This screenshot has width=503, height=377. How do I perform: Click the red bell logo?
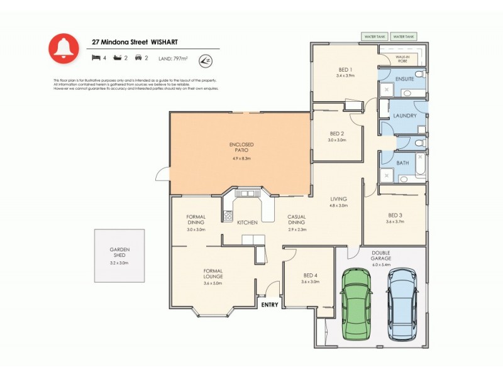click(x=64, y=49)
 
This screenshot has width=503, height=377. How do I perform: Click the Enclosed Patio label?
click(x=241, y=148)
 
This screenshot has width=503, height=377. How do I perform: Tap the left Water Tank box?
click(x=375, y=37)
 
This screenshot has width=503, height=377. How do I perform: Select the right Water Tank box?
click(x=405, y=37)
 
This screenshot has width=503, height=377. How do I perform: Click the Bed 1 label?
click(x=346, y=70)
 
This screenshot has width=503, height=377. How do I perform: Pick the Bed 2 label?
click(x=337, y=133)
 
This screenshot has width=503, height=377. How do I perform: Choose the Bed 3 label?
click(x=394, y=216)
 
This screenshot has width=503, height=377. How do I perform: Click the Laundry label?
click(x=405, y=116)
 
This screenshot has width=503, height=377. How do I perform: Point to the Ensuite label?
click(x=404, y=79)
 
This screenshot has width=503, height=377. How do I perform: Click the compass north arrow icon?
click(x=204, y=60)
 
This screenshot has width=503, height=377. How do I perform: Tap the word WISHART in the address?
click(x=164, y=42)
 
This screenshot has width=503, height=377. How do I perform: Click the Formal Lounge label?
click(x=213, y=273)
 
